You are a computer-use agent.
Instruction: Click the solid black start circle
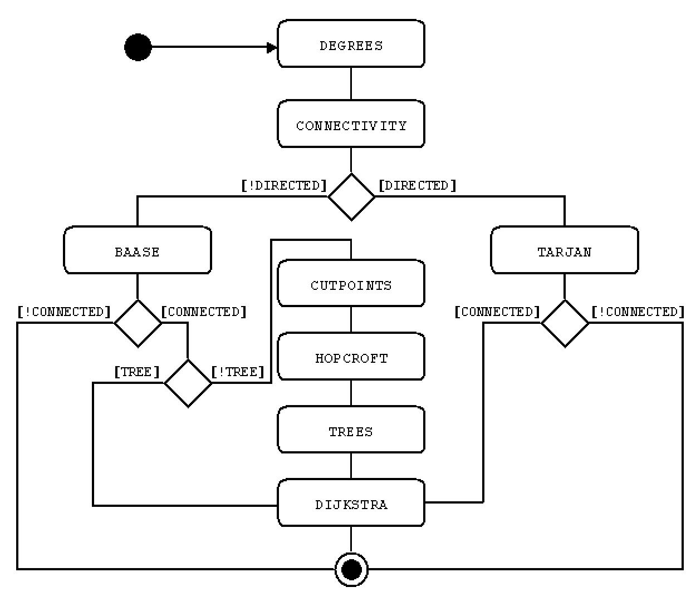(x=138, y=47)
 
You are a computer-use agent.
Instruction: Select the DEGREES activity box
(x=351, y=44)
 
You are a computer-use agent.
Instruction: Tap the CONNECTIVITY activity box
(x=351, y=124)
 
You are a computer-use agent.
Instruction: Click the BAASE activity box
(x=138, y=250)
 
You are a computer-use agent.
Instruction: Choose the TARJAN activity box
(x=564, y=250)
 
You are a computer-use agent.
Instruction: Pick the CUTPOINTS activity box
(x=351, y=284)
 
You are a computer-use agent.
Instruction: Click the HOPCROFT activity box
(x=351, y=357)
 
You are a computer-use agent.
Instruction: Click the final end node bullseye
(x=351, y=569)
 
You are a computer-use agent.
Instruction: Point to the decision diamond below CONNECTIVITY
(x=351, y=197)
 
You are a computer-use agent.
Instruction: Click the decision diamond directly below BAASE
(x=138, y=323)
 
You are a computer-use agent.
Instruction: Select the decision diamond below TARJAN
(x=565, y=323)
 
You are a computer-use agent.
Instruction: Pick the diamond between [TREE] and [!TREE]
(x=188, y=383)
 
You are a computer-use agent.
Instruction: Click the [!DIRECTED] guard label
(x=284, y=185)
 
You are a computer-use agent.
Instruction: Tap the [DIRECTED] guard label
(x=417, y=185)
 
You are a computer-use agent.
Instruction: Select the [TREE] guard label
(x=137, y=372)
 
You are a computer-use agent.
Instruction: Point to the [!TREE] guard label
(x=238, y=372)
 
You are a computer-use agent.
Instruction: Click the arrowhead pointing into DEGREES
(x=272, y=47)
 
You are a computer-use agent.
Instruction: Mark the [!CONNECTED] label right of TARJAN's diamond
(x=638, y=312)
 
